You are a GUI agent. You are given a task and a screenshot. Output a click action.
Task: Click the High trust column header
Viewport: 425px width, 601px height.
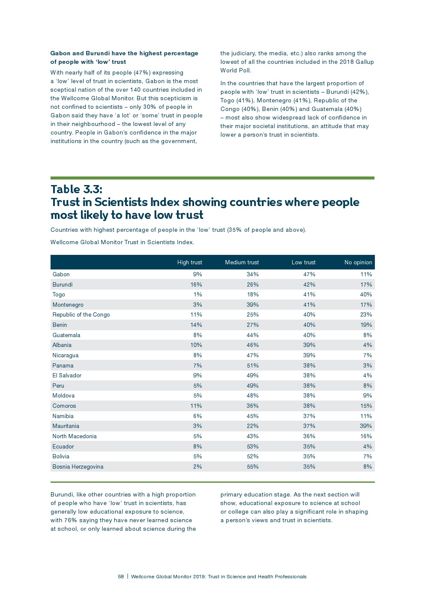tap(189, 262)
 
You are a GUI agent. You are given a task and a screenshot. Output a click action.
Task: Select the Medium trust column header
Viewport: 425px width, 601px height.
tap(242, 262)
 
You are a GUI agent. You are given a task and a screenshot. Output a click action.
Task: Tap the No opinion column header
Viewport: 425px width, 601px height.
tap(358, 262)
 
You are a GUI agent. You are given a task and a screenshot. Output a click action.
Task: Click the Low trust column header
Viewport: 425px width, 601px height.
tap(303, 262)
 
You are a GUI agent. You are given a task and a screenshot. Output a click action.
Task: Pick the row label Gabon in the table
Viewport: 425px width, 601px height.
tap(61, 274)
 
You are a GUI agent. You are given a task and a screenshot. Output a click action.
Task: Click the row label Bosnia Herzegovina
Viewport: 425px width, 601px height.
tap(78, 466)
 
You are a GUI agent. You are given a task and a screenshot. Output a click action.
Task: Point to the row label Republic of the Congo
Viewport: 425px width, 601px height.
tap(81, 314)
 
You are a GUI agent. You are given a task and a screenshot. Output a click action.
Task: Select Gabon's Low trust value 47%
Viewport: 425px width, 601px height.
tap(309, 274)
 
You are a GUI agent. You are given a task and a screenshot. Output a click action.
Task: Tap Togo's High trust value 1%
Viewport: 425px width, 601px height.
tap(198, 294)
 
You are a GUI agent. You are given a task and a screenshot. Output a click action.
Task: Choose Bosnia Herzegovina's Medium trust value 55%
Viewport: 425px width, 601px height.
tap(252, 466)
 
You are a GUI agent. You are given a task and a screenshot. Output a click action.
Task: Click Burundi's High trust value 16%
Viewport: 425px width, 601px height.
tap(196, 284)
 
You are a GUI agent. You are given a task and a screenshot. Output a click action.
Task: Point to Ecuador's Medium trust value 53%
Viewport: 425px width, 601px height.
tap(252, 446)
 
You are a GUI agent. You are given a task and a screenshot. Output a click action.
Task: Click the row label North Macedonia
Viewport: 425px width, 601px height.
tap(74, 436)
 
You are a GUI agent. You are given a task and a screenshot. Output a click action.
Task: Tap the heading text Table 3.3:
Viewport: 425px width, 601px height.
tap(76, 189)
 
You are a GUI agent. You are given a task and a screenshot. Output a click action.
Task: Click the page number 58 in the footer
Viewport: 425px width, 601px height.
tap(121, 577)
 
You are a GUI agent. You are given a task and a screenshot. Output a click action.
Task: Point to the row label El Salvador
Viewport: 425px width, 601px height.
tap(67, 375)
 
